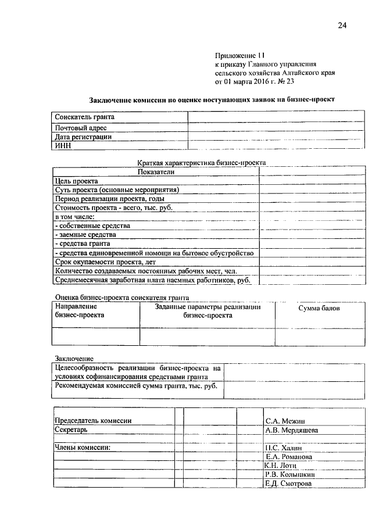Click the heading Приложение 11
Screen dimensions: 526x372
tap(239, 55)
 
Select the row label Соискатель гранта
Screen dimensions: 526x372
tap(81, 117)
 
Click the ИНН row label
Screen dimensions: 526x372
tap(62, 146)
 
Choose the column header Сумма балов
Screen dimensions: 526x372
tap(319, 308)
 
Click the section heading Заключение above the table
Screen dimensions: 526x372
tap(74, 359)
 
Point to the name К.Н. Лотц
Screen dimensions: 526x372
tap(281, 466)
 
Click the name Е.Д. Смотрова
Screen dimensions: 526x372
tap(288, 484)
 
